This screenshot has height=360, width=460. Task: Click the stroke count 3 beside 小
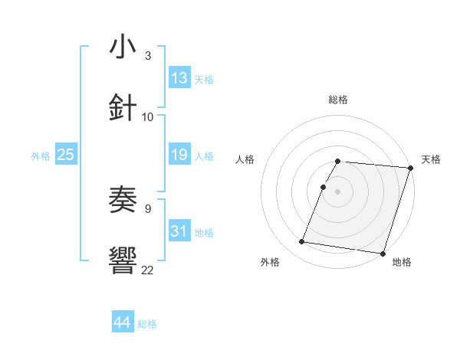tap(147, 56)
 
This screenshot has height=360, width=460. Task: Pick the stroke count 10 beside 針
tap(148, 116)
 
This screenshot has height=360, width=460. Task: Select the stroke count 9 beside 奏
tap(147, 208)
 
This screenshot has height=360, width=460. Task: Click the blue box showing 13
tap(179, 78)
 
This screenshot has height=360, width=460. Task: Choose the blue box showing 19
tap(179, 155)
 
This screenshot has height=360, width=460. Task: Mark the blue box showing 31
tap(179, 231)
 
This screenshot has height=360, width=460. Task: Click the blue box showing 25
tap(65, 155)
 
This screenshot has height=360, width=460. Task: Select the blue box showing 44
tap(123, 322)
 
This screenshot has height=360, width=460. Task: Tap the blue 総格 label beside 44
tap(147, 324)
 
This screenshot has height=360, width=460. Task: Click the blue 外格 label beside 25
tap(41, 156)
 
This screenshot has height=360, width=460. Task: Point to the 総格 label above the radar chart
tap(338, 100)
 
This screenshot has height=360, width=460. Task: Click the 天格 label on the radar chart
tap(431, 159)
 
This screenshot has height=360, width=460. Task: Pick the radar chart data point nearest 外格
tap(302, 242)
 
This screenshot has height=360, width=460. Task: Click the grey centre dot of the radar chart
tap(338, 191)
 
